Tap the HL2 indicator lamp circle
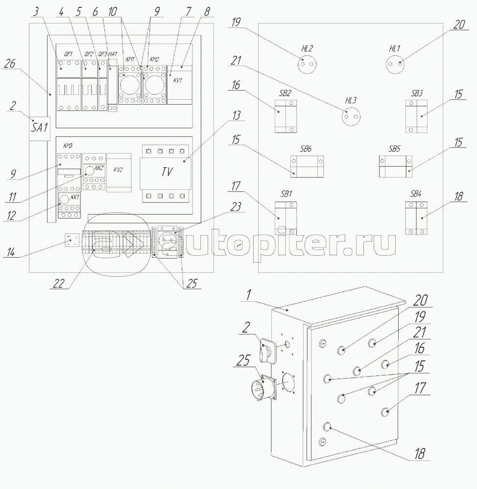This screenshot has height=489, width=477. [307, 64]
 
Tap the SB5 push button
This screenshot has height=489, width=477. [395, 166]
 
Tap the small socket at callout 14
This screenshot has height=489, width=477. [72, 241]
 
